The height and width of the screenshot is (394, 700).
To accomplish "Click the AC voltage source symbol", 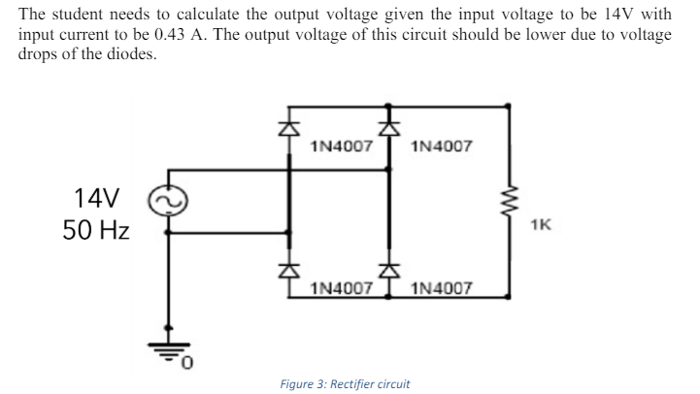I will point(170,202).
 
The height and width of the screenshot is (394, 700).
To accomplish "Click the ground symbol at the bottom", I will point(170,352).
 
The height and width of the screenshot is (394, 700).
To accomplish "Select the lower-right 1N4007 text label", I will point(442,288).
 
